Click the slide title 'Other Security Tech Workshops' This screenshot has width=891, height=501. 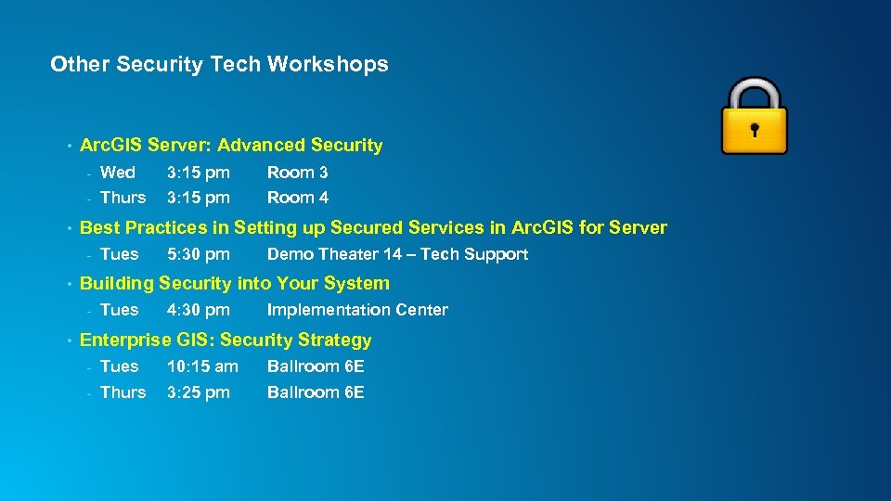coord(219,64)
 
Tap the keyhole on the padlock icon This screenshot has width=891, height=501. coord(755,129)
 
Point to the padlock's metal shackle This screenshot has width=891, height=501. coord(754,93)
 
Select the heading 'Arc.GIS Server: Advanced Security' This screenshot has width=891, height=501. coord(231,145)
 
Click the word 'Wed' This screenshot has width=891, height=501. coord(117,173)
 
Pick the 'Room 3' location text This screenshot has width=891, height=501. coord(297,173)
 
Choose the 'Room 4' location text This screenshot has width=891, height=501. coord(297,198)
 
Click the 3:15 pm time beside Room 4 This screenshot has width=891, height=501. coord(198,198)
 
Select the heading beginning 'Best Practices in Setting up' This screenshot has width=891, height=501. coord(373,227)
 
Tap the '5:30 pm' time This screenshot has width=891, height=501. coord(198,254)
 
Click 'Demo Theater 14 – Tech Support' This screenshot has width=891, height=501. coord(397,254)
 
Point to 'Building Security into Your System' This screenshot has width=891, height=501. coord(235,283)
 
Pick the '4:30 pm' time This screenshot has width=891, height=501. coord(198,310)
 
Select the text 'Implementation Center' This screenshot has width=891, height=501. coord(357,310)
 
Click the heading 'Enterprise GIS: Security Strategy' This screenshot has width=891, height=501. coord(226,340)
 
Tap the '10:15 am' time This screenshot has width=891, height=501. coord(202,366)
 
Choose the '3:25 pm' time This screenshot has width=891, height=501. coord(198,392)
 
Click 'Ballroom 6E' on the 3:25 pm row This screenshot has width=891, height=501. coord(316,392)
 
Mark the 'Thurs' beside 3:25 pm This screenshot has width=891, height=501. coord(123,392)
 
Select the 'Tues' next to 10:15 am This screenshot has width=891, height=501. coord(119,366)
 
